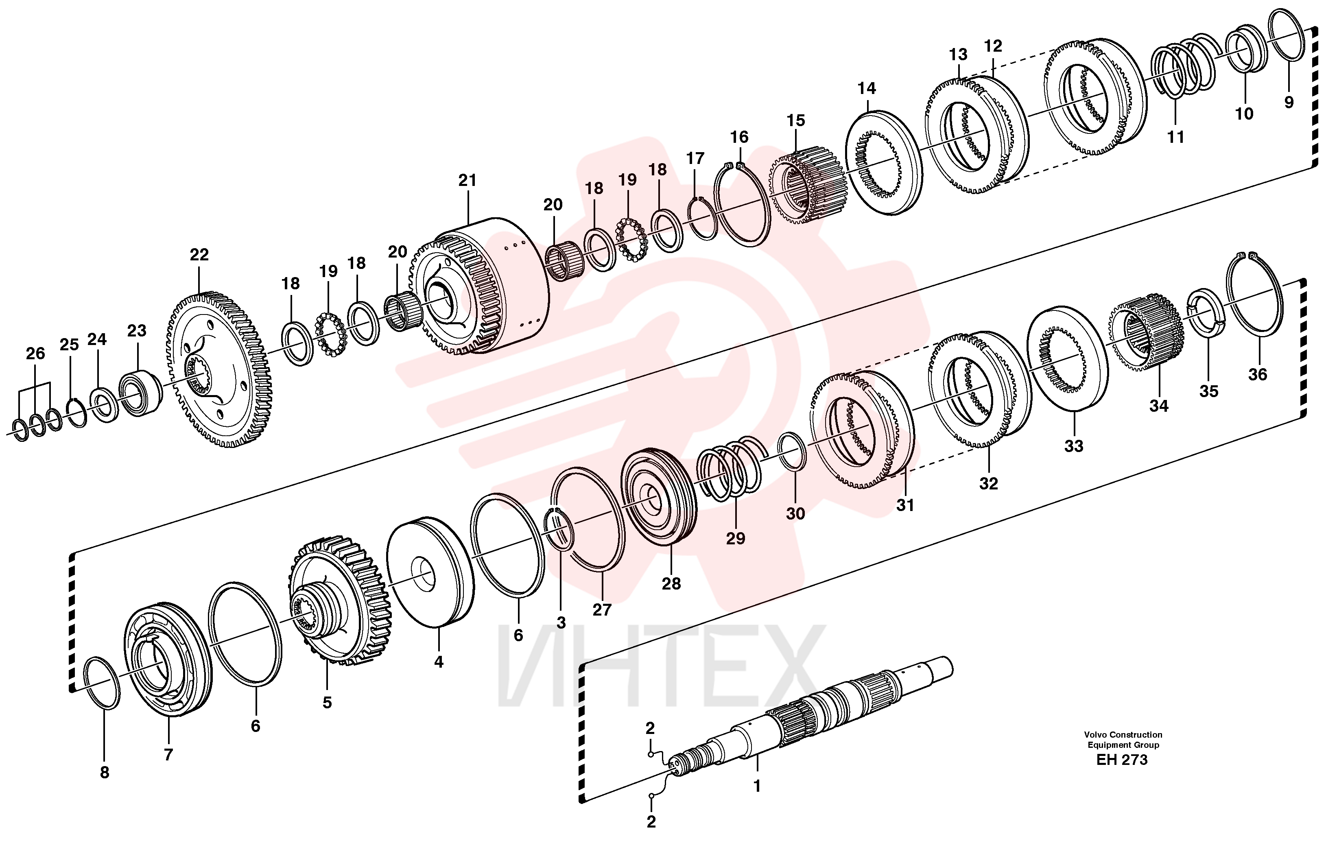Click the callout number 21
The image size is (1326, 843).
(x=467, y=180)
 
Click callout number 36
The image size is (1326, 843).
(x=1257, y=374)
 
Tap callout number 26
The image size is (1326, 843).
(x=35, y=354)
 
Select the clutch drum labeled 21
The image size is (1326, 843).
(x=480, y=285)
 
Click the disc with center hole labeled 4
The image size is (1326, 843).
(x=430, y=572)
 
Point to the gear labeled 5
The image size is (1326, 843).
(x=340, y=600)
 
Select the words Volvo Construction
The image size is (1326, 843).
(x=1123, y=734)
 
